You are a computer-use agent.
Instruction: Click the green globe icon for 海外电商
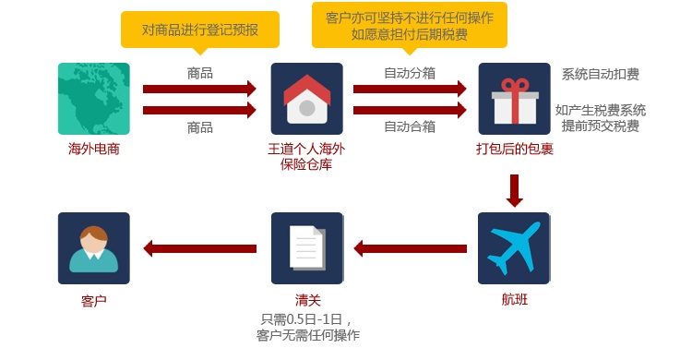tap(94, 99)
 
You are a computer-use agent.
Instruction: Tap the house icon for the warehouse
tap(306, 99)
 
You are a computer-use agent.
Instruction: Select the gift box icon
tap(514, 99)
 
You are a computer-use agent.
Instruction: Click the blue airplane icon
tap(514, 248)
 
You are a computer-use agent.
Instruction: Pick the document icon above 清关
tap(307, 248)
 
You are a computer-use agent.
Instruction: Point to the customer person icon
tap(94, 248)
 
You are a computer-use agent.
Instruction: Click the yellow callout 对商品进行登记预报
tap(200, 30)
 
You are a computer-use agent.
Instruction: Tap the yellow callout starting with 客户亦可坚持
tap(410, 25)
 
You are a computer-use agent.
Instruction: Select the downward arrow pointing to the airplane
tap(515, 191)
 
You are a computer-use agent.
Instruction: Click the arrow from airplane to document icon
tap(411, 248)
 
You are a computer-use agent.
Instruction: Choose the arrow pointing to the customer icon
tap(200, 248)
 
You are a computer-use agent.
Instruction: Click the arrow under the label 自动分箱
tap(410, 89)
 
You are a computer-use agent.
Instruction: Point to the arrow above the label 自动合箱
tap(410, 110)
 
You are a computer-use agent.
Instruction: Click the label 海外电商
tap(94, 149)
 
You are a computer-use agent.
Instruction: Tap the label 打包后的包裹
tap(515, 149)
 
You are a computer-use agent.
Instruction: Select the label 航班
tap(515, 299)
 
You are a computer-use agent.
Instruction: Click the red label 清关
tap(307, 300)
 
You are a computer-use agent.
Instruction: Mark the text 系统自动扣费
tap(601, 74)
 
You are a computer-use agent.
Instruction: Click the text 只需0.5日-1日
tap(302, 318)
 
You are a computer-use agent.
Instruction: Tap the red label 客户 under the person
tap(94, 301)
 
